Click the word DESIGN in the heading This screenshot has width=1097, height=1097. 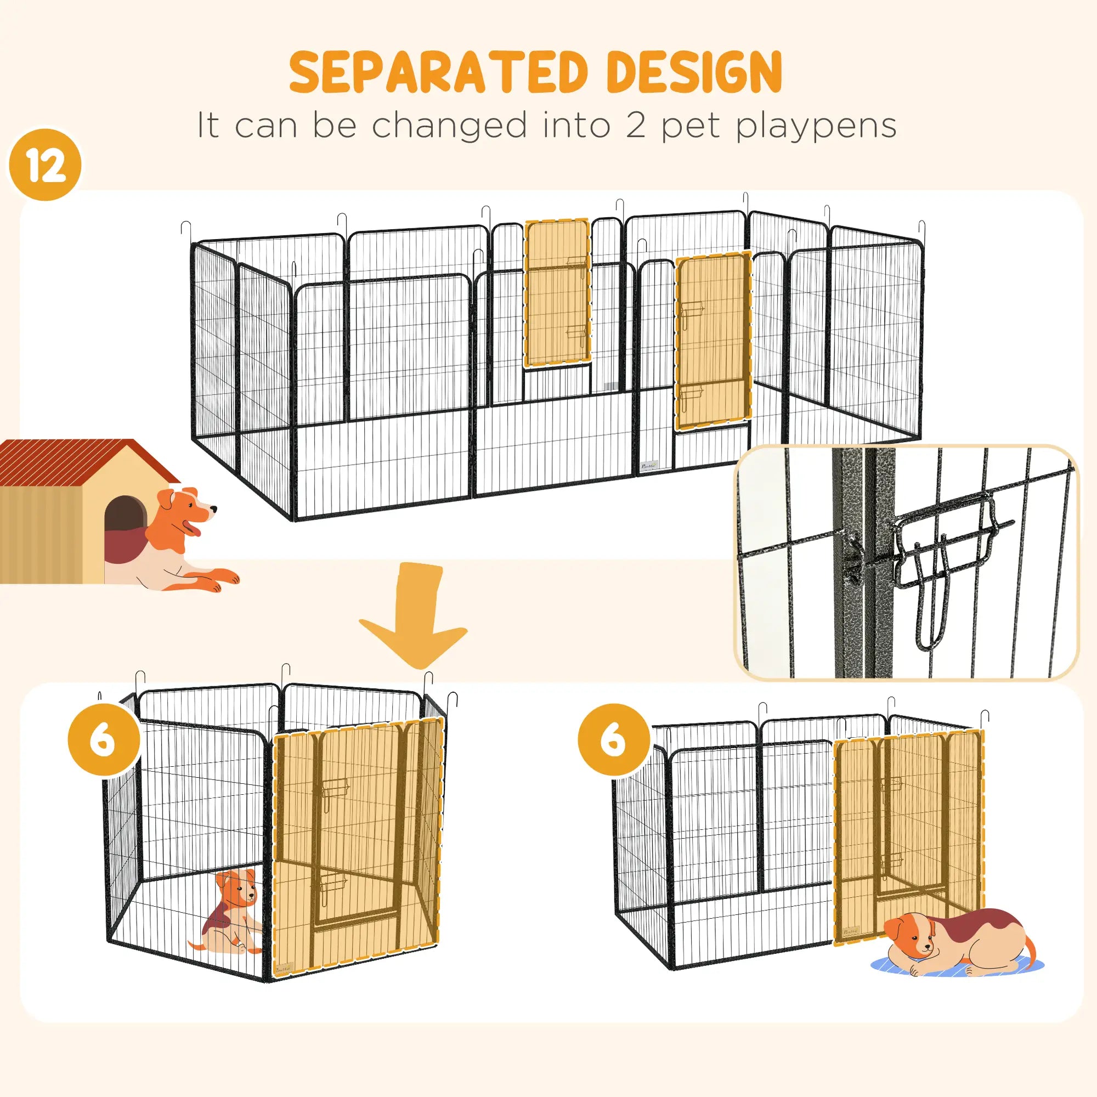694,73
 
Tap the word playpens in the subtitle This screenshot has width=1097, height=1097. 816,126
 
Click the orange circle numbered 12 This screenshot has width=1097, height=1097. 46,165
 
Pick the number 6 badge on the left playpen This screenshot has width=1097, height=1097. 103,739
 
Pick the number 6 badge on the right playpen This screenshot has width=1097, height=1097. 613,739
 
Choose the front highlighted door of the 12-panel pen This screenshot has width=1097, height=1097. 713,341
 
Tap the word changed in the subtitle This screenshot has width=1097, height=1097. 449,126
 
